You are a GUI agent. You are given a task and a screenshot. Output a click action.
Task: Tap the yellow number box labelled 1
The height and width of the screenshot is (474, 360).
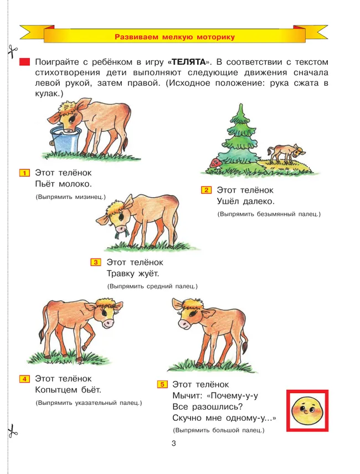(24, 173)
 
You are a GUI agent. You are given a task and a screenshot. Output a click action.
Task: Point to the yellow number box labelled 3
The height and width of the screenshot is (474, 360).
(95, 262)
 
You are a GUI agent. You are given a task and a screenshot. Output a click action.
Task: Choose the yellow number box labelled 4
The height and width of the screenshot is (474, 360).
(24, 379)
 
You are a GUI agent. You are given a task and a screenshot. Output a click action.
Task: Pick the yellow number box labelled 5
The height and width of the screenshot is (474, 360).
(162, 384)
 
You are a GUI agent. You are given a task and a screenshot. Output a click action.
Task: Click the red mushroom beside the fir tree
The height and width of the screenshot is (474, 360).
(215, 162)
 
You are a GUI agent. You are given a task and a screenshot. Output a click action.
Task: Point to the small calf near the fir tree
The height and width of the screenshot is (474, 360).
(285, 153)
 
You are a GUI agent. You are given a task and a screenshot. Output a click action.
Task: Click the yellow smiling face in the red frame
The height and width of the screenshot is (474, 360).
(307, 410)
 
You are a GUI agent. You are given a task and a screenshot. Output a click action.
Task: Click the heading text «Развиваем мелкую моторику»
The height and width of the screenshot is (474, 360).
(174, 37)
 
